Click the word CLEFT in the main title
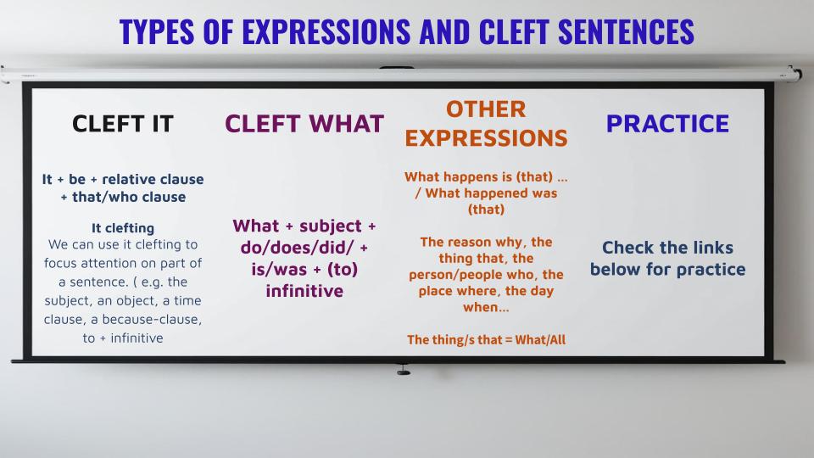pos(514,31)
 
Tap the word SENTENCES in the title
pos(626,31)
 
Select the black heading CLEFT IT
pos(122,124)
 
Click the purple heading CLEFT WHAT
pos(304,124)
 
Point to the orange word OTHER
pos(486,109)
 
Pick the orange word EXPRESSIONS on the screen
pos(486,138)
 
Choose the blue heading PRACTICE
pos(667,124)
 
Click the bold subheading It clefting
pos(123,228)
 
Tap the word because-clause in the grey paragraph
pos(152,320)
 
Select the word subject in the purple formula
pos(330,226)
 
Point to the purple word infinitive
pos(304,291)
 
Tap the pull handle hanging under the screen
pos(404,370)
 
